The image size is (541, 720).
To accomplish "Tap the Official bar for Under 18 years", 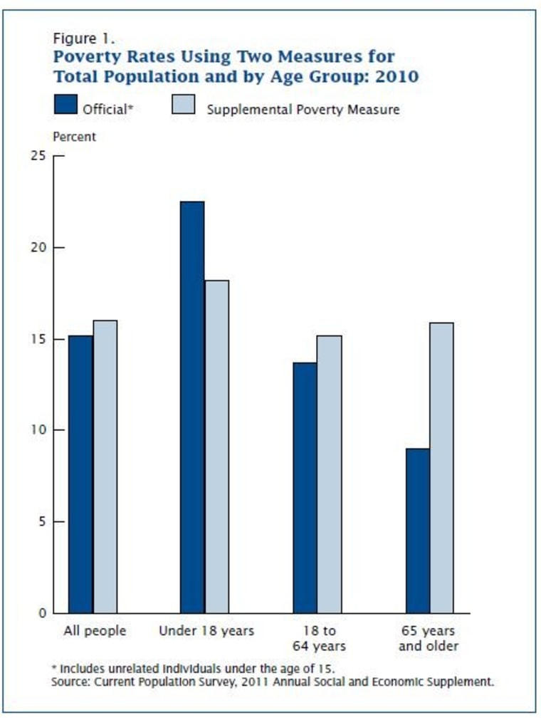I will [x=191, y=407].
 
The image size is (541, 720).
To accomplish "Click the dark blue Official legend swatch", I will [x=65, y=105].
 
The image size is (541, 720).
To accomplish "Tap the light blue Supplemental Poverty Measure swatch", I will [x=184, y=105].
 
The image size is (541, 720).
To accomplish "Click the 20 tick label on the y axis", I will [x=40, y=248].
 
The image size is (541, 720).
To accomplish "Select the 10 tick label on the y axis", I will [x=40, y=430].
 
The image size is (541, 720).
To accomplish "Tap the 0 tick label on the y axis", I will [x=43, y=612].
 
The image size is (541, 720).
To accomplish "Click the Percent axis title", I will [x=74, y=137].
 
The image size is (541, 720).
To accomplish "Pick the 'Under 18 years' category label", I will [x=206, y=631].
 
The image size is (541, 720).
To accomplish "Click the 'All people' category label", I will [x=94, y=631].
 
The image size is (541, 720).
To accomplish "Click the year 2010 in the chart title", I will [x=396, y=75].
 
